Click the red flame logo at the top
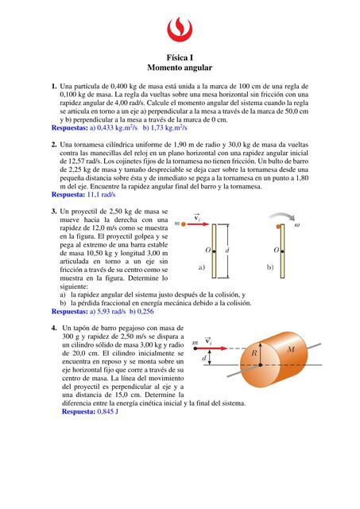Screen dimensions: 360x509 pos(180,29)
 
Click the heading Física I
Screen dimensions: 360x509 pos(180,58)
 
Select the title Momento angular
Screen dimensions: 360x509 pos(180,68)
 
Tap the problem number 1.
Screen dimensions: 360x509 pos(54,87)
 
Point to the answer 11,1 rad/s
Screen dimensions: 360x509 pos(101,195)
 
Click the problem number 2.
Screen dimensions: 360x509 pos(54,145)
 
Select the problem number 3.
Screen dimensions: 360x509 pos(54,212)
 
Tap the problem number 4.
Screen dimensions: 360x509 pos(54,328)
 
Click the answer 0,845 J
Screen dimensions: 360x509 pos(107,412)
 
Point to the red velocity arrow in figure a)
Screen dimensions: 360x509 pos(198,224)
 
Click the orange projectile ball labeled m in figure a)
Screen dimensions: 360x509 pos(184,224)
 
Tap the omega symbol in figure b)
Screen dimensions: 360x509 pos(296,224)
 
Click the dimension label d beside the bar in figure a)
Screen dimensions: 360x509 pos(226,251)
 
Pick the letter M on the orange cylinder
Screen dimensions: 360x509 pos(291,349)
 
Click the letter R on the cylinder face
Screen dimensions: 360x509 pos(254,352)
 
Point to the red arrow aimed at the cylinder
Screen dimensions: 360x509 pos(211,348)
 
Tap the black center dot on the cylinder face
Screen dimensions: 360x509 pos(261,365)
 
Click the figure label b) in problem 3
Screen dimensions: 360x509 pos(270,267)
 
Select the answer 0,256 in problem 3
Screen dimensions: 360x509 pos(145,312)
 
